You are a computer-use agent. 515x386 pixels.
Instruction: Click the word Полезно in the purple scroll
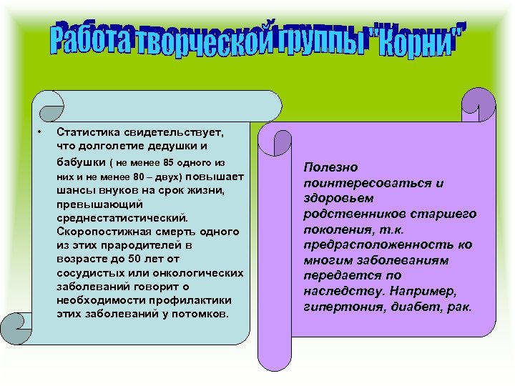click(x=330, y=167)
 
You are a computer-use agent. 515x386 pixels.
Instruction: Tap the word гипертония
click(x=333, y=307)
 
